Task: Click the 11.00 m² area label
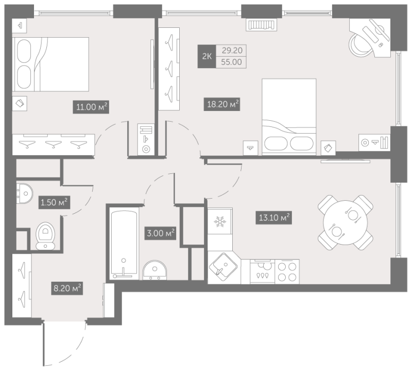click(x=91, y=107)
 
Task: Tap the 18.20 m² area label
click(x=222, y=104)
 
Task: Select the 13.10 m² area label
click(x=273, y=218)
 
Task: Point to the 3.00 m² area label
click(x=160, y=233)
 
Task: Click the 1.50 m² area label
click(x=54, y=202)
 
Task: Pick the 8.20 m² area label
click(x=67, y=288)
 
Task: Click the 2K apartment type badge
click(x=207, y=56)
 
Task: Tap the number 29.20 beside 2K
click(x=231, y=50)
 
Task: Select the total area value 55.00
click(x=231, y=62)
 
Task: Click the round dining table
click(x=345, y=222)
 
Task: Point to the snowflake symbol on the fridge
click(x=220, y=222)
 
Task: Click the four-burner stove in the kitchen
click(x=287, y=272)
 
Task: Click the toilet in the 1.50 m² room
click(x=45, y=236)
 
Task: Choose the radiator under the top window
click(x=262, y=25)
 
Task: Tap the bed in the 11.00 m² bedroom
click(x=50, y=64)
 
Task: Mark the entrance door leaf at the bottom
click(x=44, y=343)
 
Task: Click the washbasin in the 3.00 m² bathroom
click(x=155, y=270)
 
